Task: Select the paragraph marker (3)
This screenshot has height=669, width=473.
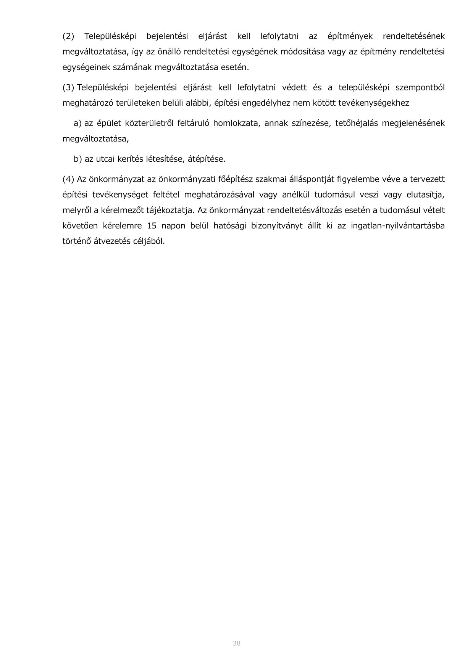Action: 68,88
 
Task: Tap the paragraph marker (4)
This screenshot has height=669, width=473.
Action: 68,179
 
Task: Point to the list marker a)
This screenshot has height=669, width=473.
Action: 78,124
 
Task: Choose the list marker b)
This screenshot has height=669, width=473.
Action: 78,159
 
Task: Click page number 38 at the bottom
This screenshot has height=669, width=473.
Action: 236,643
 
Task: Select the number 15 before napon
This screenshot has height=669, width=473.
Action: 152,226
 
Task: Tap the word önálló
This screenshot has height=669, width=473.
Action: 167,52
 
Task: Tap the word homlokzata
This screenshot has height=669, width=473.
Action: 235,124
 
